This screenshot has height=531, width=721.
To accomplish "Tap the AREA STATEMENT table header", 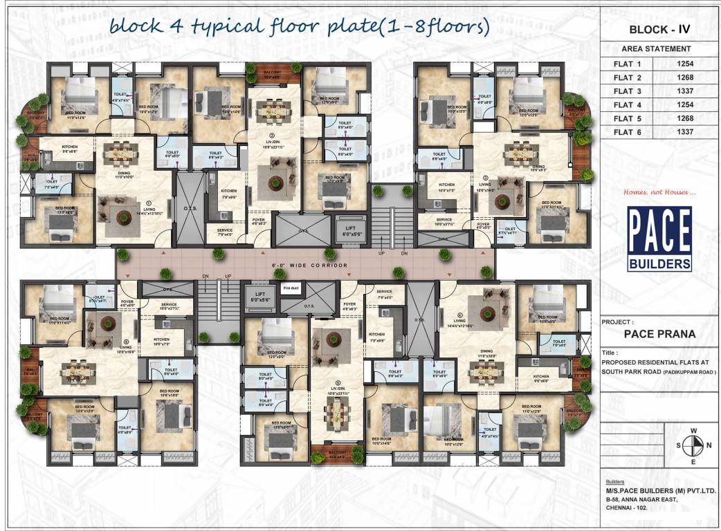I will tap(656, 49).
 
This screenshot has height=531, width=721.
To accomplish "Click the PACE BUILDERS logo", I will tap(659, 239).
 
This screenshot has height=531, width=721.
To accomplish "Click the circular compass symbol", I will tap(694, 445).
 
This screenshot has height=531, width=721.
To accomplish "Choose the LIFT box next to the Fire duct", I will tap(260, 297).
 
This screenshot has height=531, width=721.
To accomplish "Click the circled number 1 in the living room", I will tap(147, 203).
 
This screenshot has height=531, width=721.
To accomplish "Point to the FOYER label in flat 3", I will tap(484, 224).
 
